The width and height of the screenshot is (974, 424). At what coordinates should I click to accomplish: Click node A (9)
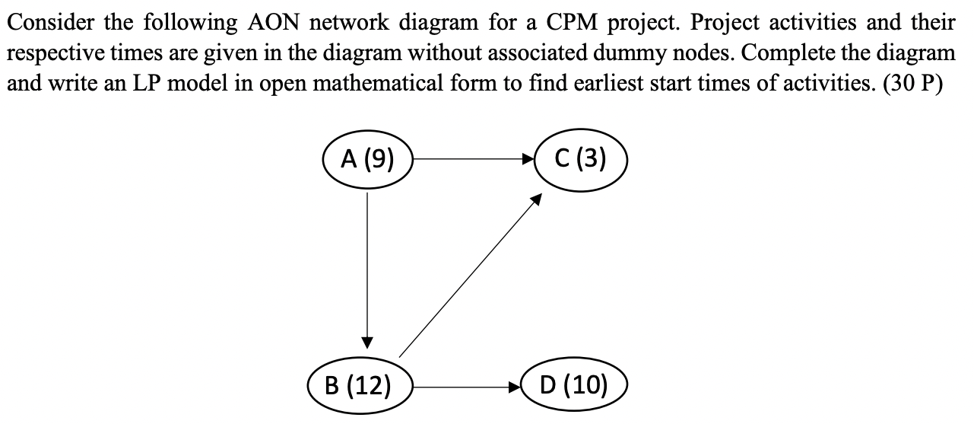point(368,161)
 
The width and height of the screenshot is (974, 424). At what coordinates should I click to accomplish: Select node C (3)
point(581,161)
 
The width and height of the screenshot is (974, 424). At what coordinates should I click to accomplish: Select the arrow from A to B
point(368,266)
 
